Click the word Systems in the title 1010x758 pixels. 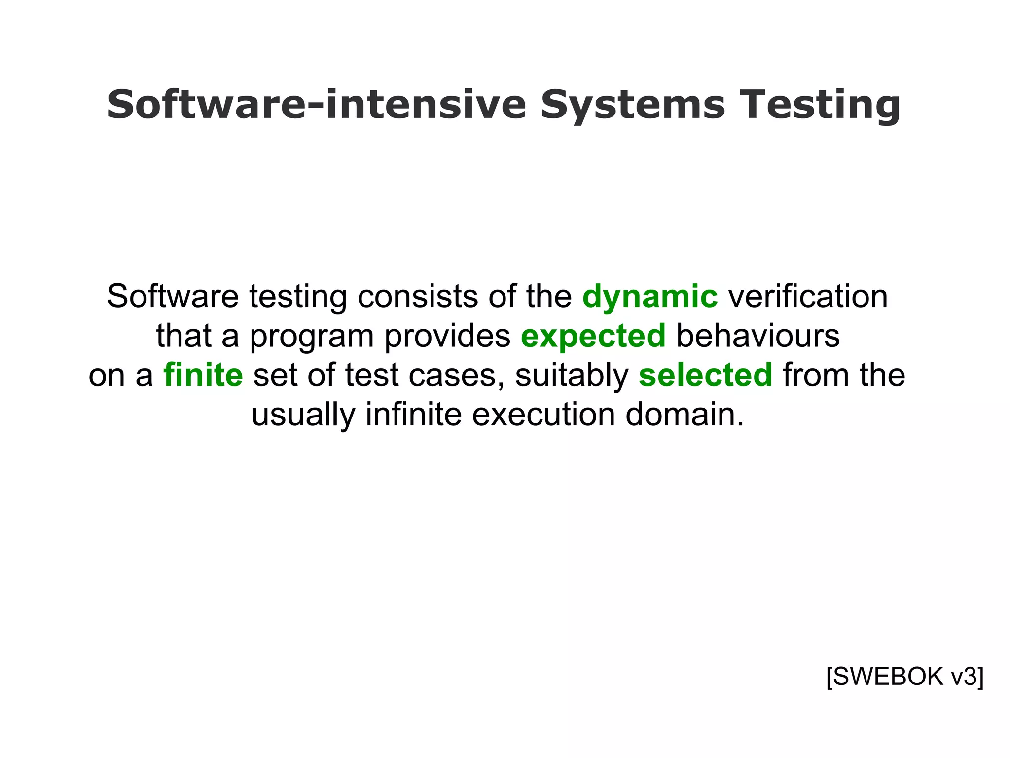coord(633,105)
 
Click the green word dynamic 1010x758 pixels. coord(650,297)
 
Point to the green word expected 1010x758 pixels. coord(593,336)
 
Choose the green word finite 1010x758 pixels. coord(203,375)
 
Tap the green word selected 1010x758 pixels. coord(705,375)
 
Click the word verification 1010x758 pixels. coord(808,297)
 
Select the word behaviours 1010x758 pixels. coord(757,336)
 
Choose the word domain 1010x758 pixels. coord(685,415)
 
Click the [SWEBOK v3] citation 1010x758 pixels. coord(904,677)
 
